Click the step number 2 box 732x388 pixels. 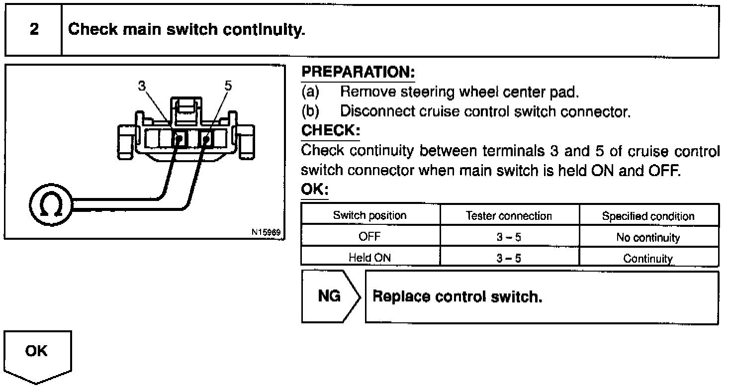[x=33, y=30]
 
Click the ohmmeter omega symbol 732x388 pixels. [x=51, y=204]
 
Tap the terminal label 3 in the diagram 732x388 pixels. [x=142, y=85]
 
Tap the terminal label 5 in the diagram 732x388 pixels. [x=228, y=85]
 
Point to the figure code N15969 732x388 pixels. [x=267, y=232]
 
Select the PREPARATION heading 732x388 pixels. [x=358, y=73]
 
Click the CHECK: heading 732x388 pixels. [x=330, y=131]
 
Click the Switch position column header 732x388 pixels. [x=370, y=215]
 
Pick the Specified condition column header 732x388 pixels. [x=648, y=216]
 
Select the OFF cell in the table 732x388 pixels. [x=370, y=237]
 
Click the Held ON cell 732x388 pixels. [x=370, y=258]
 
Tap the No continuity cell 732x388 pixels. [x=648, y=238]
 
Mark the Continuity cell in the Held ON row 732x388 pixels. [x=648, y=258]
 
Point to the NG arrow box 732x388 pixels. [x=330, y=296]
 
